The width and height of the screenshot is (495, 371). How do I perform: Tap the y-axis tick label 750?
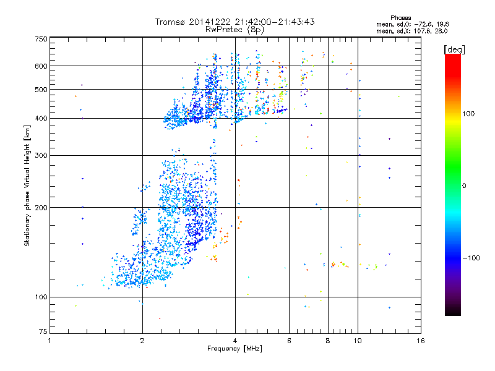40,38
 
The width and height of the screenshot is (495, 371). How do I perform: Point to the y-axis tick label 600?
40,66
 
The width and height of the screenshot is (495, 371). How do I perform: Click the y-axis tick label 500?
40,90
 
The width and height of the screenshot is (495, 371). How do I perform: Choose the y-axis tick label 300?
40,156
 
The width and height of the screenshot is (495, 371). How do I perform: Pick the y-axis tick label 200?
40,208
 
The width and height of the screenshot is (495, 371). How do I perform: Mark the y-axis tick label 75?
42,334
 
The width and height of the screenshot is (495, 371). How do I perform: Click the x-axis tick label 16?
420,341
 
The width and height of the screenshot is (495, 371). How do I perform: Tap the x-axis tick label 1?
49,341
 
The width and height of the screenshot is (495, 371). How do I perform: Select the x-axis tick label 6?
290,341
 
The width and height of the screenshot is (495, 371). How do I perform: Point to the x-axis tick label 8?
328,341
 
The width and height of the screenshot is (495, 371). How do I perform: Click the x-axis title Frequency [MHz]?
235,349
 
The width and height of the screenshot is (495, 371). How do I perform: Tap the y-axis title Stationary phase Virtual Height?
27,185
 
